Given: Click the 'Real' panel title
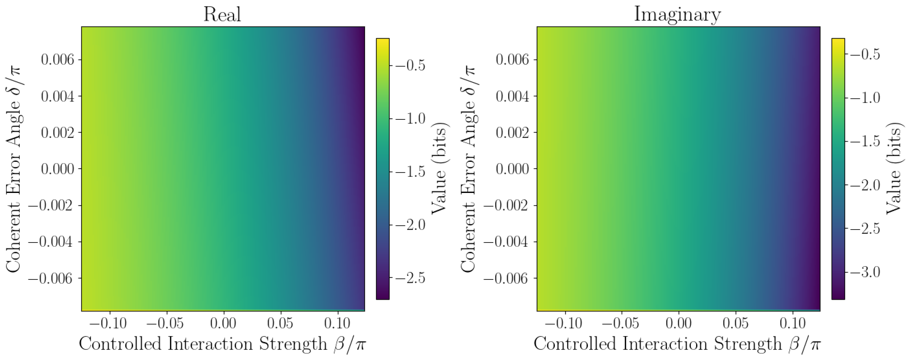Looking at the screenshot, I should point(222,14).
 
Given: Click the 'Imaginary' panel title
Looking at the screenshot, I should point(677,14).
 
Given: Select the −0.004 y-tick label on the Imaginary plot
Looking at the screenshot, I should point(506,242).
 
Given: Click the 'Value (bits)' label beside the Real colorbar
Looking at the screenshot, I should point(440,169).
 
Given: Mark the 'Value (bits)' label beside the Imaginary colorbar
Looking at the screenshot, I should point(894,169).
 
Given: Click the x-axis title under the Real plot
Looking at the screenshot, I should point(222,344).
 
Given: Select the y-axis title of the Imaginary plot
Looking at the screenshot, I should point(468,169).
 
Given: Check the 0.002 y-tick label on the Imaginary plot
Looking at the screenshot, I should point(512,133).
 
